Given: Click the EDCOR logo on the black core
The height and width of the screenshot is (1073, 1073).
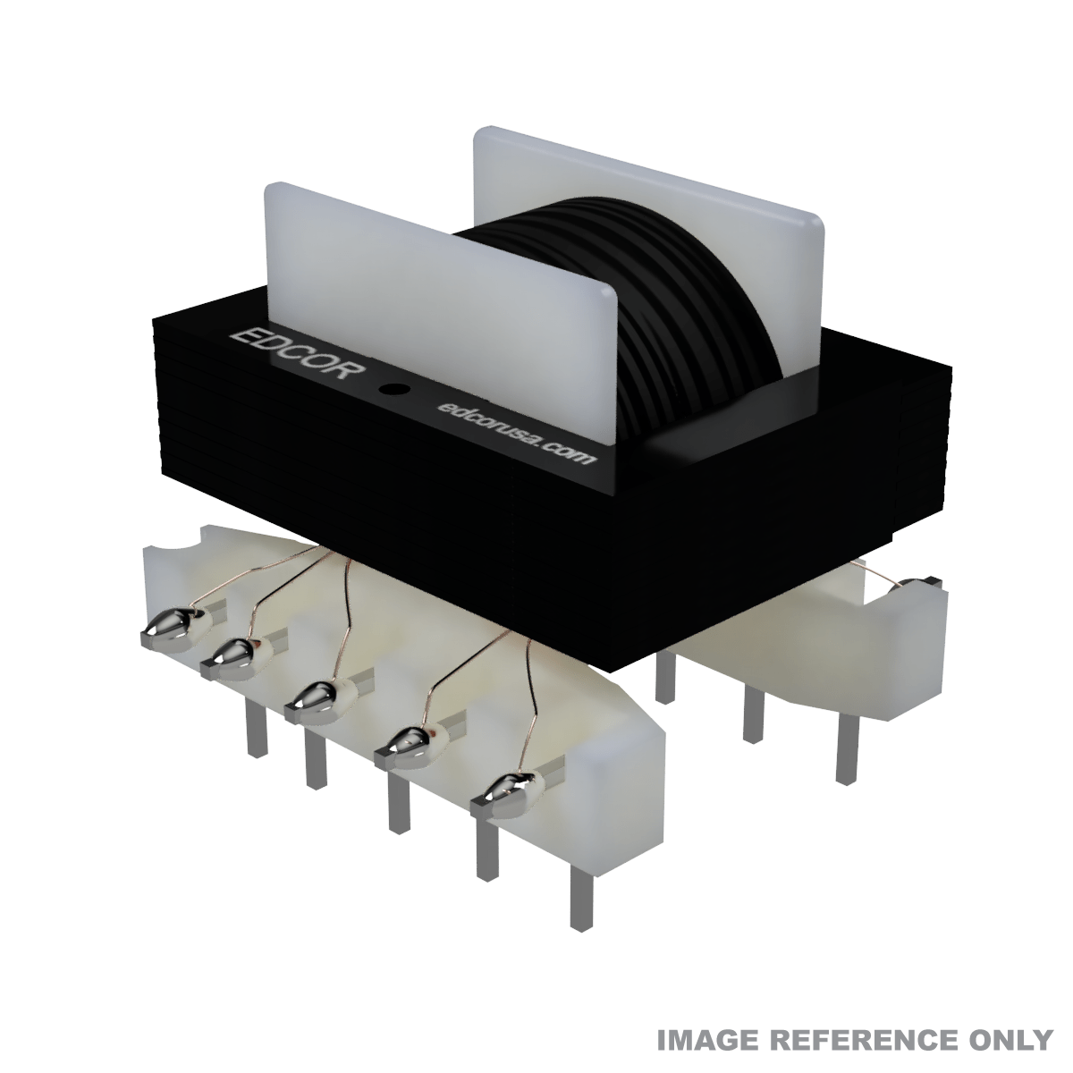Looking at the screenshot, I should tap(296, 356).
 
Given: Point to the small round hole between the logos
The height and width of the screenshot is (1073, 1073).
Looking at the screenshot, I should tap(392, 390).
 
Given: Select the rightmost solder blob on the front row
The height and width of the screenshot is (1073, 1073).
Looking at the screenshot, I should tap(506, 788).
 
